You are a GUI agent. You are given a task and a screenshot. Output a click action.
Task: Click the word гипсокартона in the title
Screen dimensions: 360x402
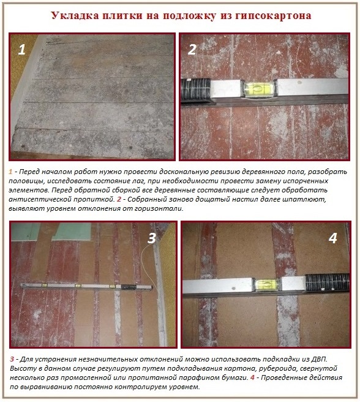[x=273, y=16]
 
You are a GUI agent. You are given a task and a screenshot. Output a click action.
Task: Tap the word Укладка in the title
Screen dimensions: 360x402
[x=75, y=15]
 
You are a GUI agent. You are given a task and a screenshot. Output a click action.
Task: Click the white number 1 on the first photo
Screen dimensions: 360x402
[x=22, y=50]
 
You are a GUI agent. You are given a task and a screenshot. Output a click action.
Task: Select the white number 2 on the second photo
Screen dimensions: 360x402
[x=192, y=50]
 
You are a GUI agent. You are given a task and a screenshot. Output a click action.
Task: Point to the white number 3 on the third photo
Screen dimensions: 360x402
[x=152, y=238]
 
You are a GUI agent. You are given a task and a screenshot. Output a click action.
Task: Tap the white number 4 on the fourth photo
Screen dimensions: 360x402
[x=333, y=238]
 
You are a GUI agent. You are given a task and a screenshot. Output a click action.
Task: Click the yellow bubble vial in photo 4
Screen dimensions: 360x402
[x=266, y=284]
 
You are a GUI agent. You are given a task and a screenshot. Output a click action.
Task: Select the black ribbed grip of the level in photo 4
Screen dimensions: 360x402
[x=327, y=283]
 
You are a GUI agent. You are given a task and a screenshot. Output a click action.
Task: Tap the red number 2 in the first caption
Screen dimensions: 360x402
[x=119, y=199]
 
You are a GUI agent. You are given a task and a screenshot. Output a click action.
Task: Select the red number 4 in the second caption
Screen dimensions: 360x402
[x=252, y=377]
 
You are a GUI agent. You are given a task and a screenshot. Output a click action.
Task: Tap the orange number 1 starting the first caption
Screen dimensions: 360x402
[x=10, y=172]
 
